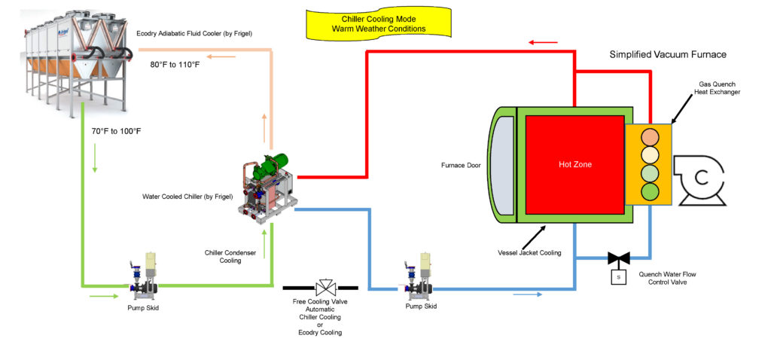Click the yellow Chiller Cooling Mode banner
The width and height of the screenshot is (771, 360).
[x=378, y=24]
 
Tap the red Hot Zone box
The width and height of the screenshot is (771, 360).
[x=574, y=165]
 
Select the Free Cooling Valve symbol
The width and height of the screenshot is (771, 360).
[x=325, y=288]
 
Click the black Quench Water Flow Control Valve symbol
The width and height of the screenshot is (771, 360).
[x=619, y=258]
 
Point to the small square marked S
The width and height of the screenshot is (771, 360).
[x=619, y=277]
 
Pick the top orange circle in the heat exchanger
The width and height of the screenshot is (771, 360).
[x=650, y=136]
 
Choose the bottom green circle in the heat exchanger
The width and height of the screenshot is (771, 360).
[x=650, y=191]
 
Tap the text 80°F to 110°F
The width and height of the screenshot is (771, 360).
[x=175, y=64]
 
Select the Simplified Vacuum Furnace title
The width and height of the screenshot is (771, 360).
[x=668, y=54]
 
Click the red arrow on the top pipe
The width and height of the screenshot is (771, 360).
[x=544, y=43]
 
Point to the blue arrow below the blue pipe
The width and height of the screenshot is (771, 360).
[x=528, y=294]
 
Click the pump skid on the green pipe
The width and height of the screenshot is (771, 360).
[x=144, y=276]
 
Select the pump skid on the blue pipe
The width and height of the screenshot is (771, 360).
[x=419, y=276]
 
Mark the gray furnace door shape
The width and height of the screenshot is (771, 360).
[x=502, y=165]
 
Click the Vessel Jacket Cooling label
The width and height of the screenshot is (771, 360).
[x=529, y=253]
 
